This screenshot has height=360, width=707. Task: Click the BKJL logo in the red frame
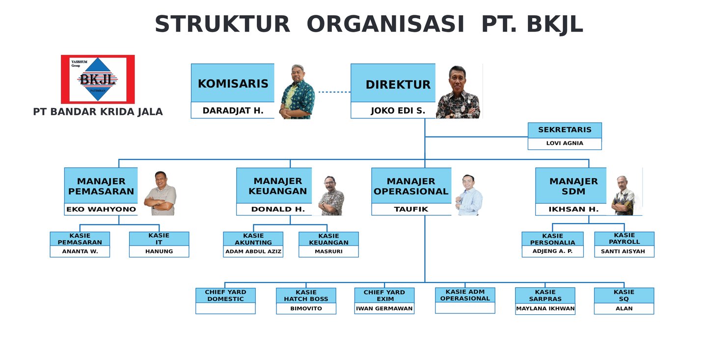[x=98, y=79]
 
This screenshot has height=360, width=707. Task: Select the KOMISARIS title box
[x=233, y=83]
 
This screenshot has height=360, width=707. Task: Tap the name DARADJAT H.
[x=233, y=111]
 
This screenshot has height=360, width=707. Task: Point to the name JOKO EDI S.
[x=398, y=111]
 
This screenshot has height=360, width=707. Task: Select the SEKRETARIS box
[x=565, y=130]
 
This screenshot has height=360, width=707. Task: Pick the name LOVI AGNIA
[x=565, y=143]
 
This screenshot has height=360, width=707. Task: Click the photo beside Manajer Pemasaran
[x=160, y=193]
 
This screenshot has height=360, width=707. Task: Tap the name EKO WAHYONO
[x=101, y=209]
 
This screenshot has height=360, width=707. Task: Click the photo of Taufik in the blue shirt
[x=469, y=194]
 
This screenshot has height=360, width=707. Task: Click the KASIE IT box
[x=159, y=239]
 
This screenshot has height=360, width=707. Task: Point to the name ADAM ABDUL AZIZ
[x=253, y=251]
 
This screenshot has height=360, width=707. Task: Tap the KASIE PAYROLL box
[x=624, y=238]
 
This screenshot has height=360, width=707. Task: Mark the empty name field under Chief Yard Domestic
[x=225, y=308]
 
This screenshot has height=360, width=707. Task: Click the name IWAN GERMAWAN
[x=384, y=308]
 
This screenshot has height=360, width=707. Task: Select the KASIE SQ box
[x=624, y=295]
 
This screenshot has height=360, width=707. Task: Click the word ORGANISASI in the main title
[x=385, y=24]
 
